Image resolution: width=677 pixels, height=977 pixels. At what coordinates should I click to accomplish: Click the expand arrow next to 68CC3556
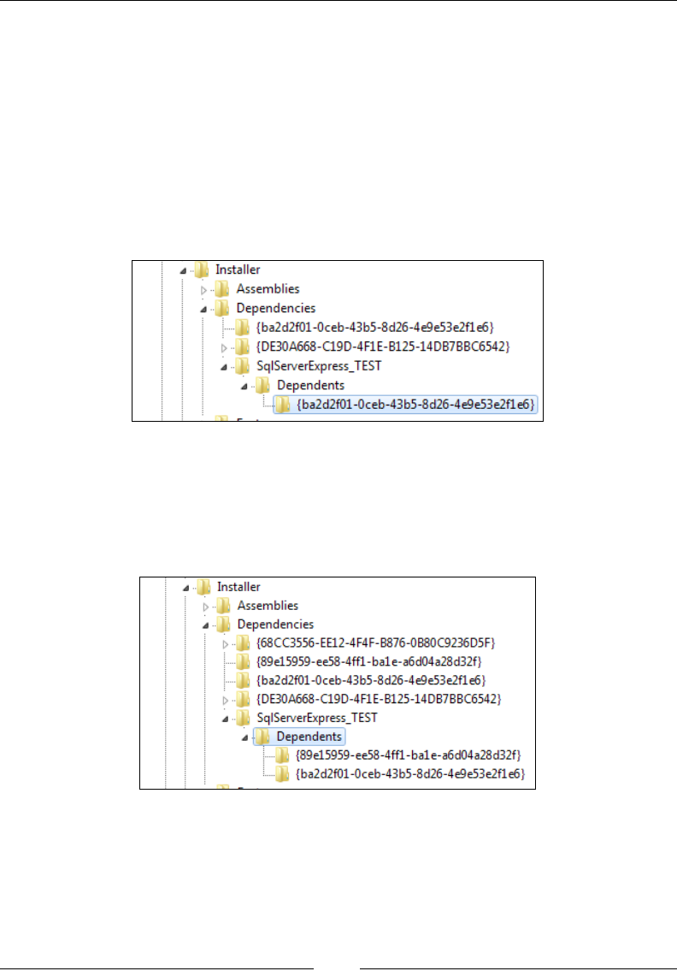(225, 643)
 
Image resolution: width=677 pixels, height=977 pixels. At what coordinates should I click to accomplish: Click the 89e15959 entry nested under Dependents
(408, 755)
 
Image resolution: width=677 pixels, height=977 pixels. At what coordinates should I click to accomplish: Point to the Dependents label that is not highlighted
(311, 385)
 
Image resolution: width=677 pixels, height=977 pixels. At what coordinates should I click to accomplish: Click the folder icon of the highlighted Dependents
(263, 737)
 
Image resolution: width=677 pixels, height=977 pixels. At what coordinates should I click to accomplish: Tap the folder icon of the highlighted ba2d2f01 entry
(283, 404)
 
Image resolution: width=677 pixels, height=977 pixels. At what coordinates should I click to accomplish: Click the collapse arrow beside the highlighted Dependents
(244, 737)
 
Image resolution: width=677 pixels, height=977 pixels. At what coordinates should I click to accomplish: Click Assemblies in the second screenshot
(268, 606)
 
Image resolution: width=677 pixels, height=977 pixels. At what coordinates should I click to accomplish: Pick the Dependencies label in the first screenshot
(275, 308)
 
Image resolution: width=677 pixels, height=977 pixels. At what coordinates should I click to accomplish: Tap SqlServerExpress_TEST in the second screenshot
(317, 718)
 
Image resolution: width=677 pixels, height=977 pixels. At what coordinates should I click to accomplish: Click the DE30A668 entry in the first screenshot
(377, 346)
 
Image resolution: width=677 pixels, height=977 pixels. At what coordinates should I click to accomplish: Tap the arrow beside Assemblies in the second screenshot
(205, 607)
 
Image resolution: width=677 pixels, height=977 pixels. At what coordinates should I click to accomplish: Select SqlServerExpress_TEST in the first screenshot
(320, 366)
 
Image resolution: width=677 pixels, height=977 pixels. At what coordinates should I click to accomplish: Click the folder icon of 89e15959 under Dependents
(282, 755)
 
